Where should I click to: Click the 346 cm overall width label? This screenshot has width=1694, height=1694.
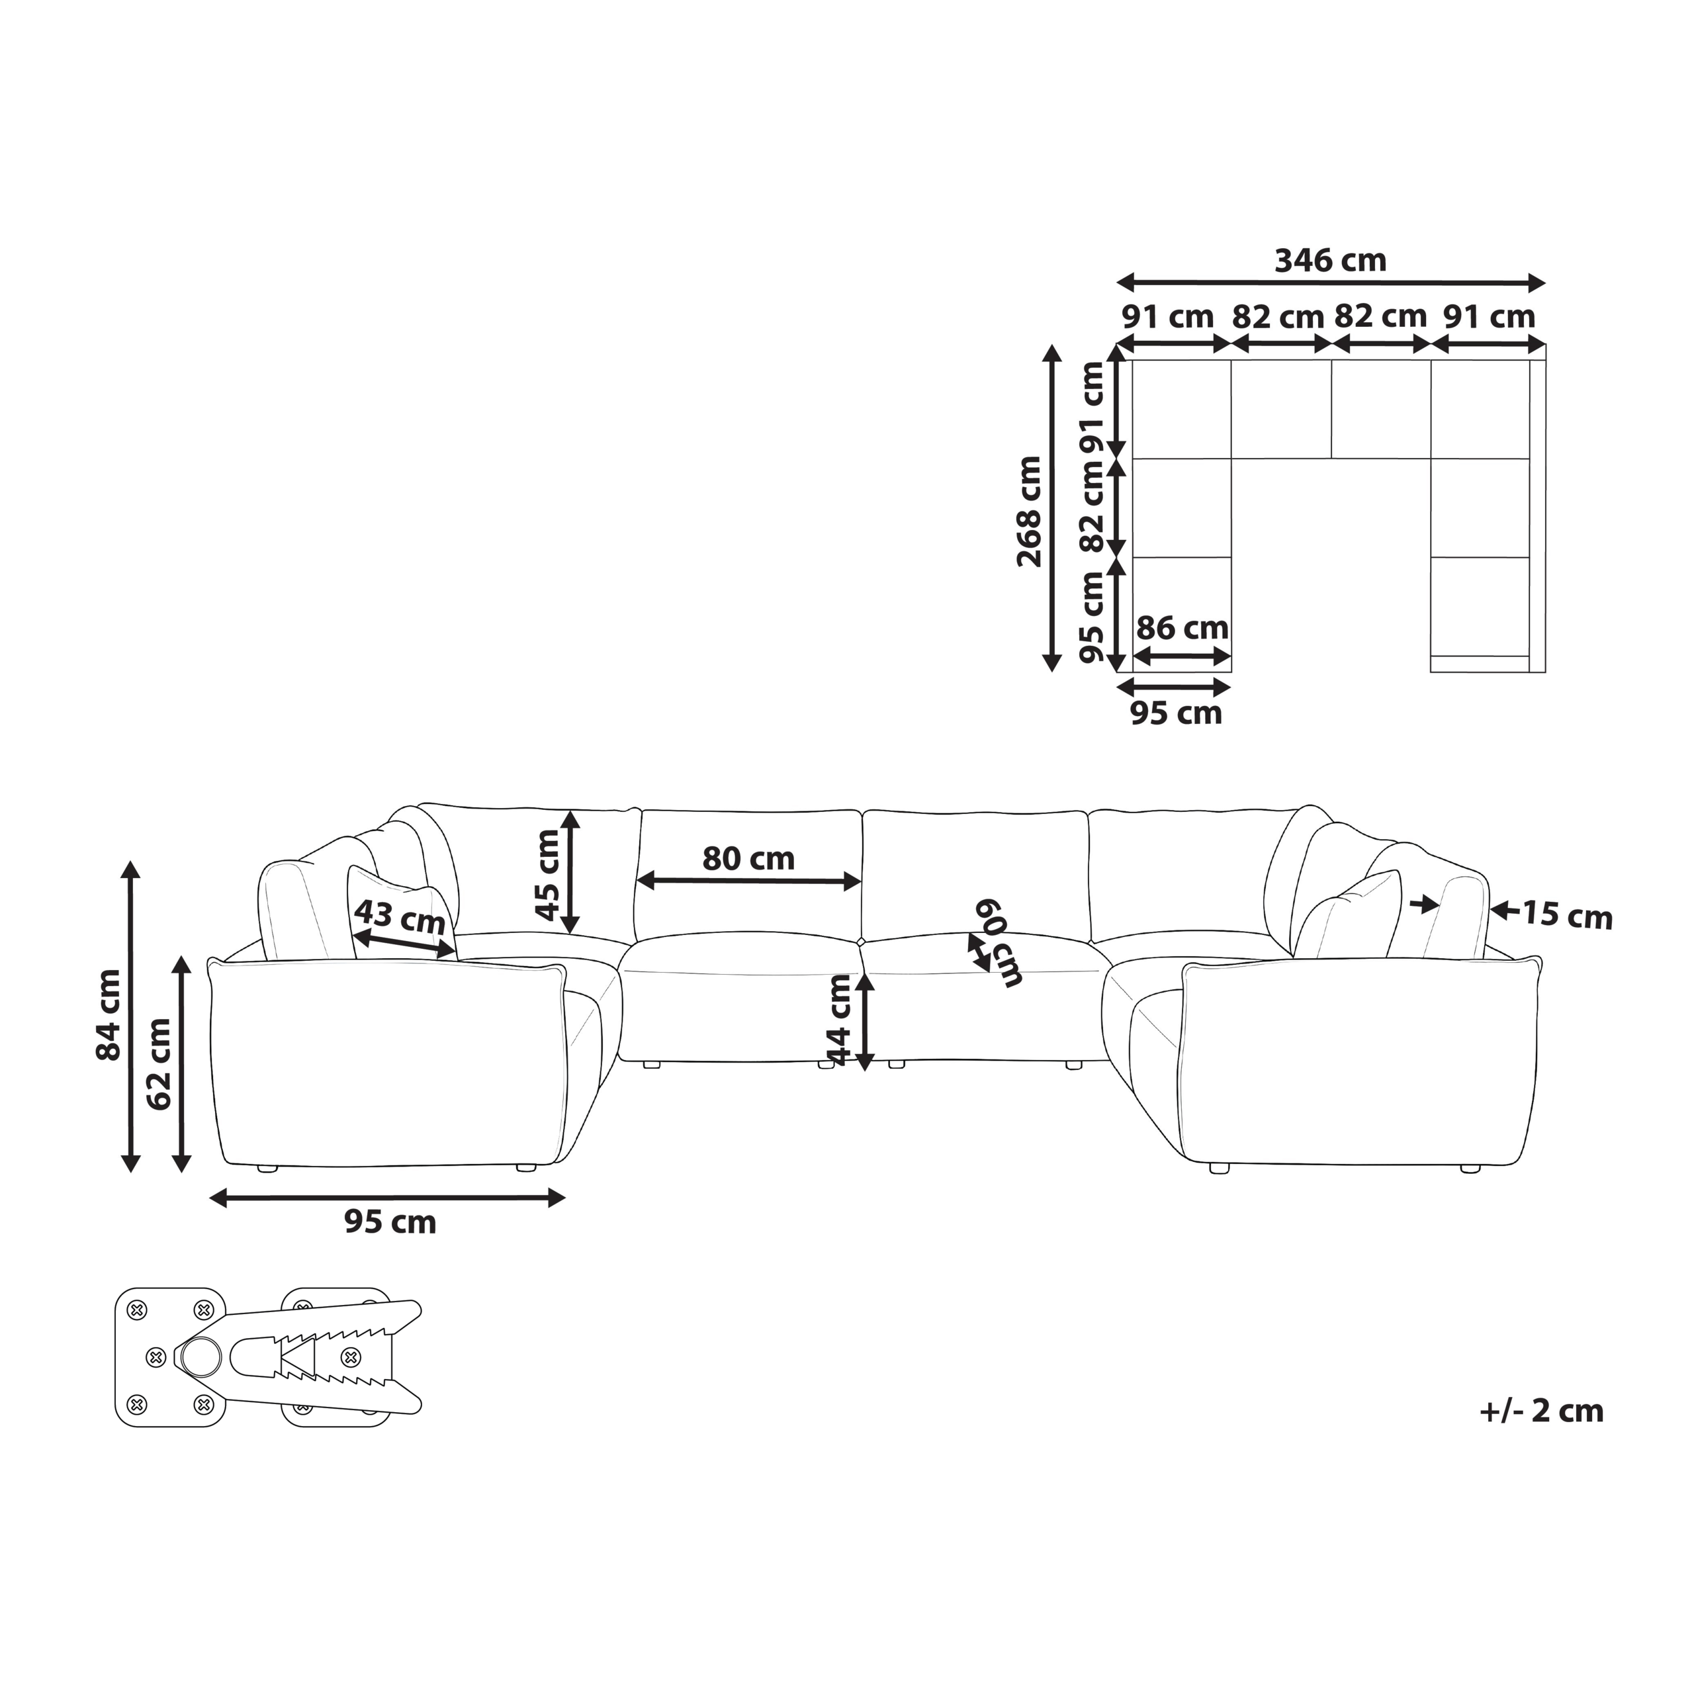tap(1330, 261)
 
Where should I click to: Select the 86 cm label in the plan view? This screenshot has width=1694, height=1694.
tap(1182, 628)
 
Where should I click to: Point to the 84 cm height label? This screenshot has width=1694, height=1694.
tap(109, 1014)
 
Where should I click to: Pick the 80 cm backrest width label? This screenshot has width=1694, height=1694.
tap(748, 858)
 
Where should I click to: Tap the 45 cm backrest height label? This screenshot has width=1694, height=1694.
tap(547, 875)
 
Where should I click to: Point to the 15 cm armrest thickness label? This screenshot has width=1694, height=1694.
tap(1567, 914)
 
